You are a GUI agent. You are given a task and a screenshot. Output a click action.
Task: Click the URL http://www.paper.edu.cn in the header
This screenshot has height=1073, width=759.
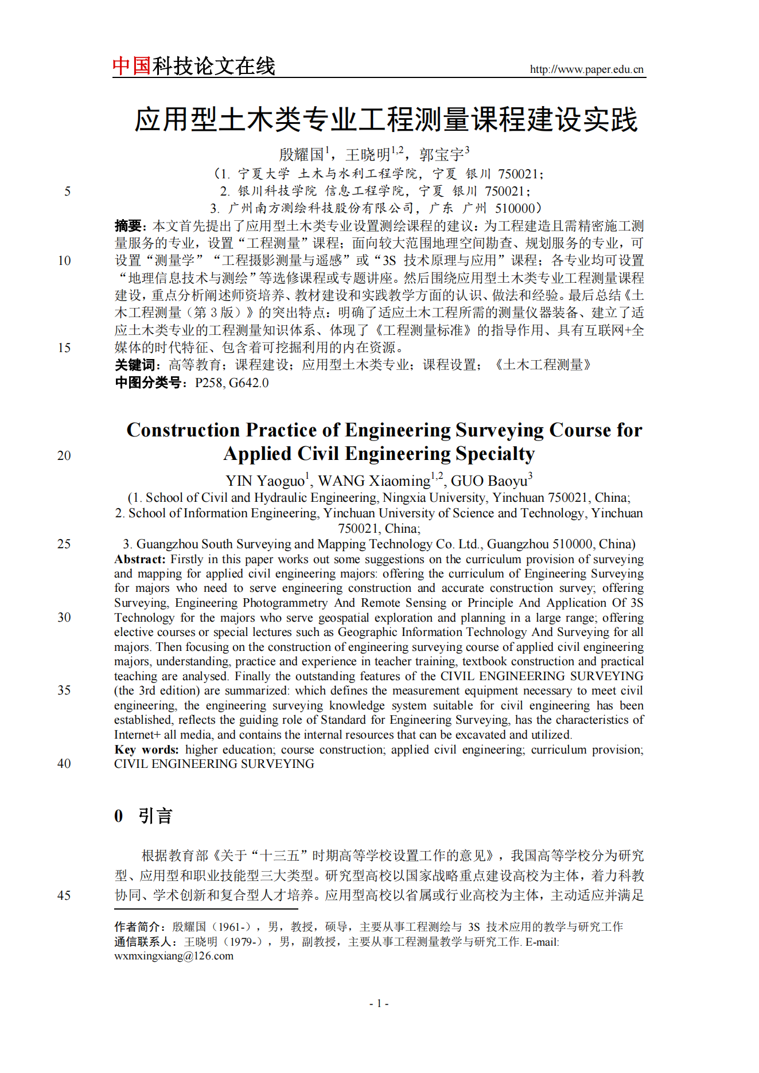(x=586, y=69)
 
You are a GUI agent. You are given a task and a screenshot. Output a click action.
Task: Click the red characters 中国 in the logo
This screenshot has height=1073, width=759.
(x=131, y=66)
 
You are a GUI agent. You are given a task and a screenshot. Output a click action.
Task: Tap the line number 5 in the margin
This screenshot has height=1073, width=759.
(x=67, y=191)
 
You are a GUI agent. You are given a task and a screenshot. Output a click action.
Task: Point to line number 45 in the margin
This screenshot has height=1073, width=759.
(x=64, y=895)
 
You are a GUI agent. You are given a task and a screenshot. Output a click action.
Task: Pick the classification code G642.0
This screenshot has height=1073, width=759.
(x=248, y=383)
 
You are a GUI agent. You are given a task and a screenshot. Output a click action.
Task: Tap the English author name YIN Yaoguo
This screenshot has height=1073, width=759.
(x=264, y=481)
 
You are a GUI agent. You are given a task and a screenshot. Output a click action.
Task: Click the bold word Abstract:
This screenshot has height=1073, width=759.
(x=139, y=559)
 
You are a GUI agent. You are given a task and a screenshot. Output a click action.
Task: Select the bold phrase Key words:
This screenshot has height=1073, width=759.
(x=146, y=750)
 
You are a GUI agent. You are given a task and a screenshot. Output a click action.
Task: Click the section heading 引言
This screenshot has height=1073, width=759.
(x=155, y=816)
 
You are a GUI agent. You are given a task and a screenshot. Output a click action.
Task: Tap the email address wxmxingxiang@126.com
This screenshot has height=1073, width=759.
(x=174, y=956)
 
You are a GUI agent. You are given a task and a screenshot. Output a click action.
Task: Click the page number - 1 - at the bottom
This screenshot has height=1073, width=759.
(x=379, y=1003)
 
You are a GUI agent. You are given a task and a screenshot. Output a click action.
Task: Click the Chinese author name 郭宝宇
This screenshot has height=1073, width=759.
(x=441, y=154)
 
